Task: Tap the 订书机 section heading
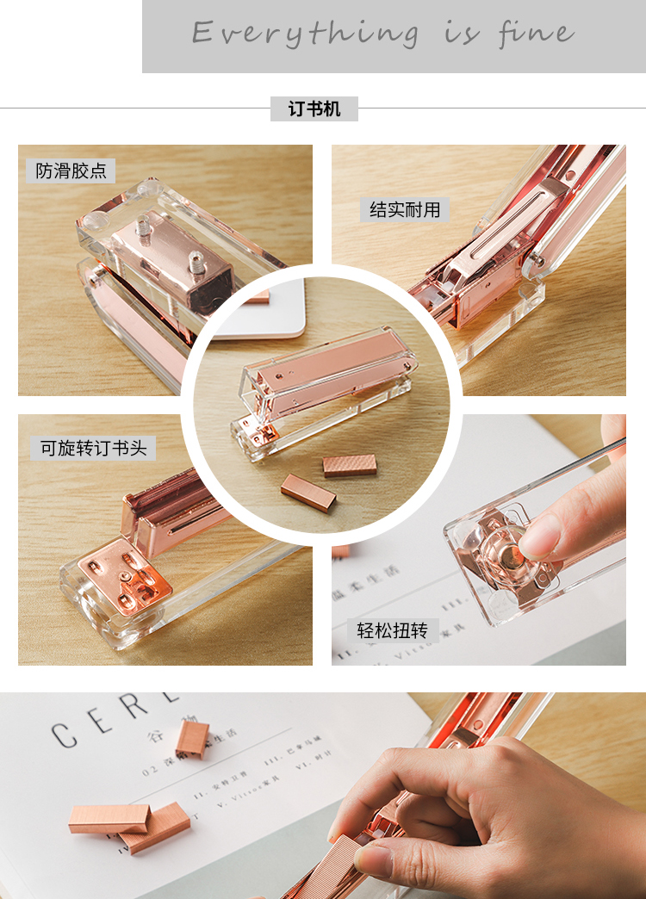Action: tap(314, 109)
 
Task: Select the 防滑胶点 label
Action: tap(71, 170)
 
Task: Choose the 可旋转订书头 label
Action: tap(94, 448)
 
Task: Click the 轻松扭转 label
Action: tap(386, 629)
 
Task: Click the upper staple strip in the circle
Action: tap(350, 466)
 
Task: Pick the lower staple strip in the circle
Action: tap(307, 493)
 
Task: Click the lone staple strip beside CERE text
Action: tap(192, 739)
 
